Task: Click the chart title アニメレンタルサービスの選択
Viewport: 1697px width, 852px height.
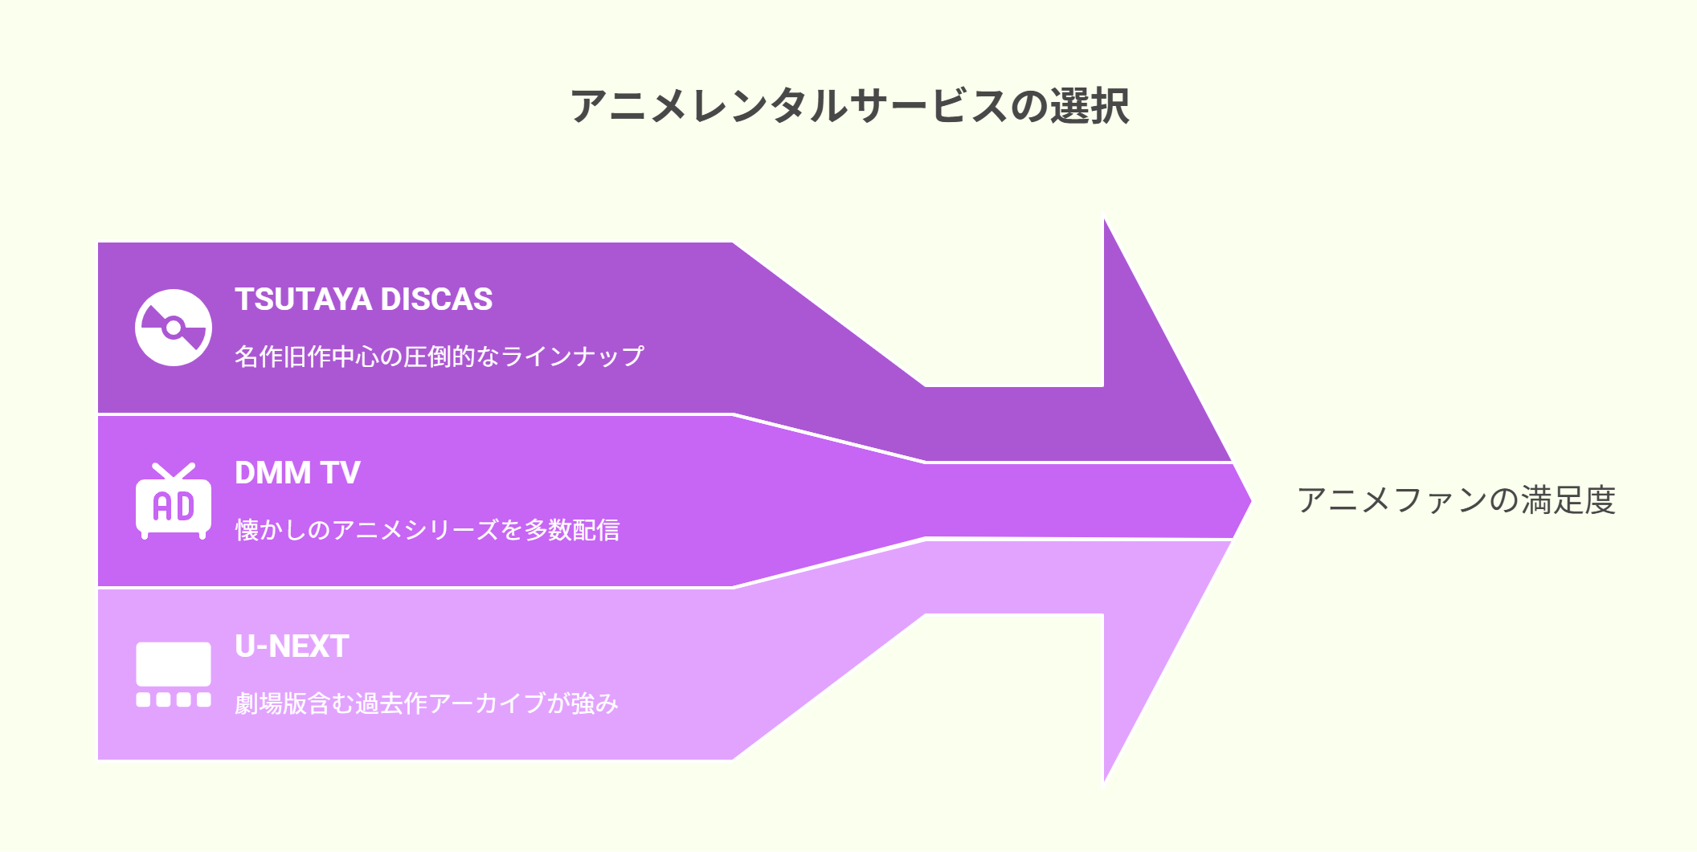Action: coord(849,106)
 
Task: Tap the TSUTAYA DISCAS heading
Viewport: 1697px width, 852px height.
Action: coord(363,300)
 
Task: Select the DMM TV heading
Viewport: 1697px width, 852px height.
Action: coord(297,473)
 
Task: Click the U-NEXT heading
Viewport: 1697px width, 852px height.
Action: coord(292,646)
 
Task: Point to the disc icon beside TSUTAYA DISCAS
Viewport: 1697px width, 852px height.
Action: coord(174,328)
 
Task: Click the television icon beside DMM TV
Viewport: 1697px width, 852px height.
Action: coord(174,501)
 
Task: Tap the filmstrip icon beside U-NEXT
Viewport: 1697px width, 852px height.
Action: coord(174,675)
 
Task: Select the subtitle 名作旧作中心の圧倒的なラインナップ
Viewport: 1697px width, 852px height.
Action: coord(440,357)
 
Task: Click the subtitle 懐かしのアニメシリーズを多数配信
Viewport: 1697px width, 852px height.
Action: coord(427,530)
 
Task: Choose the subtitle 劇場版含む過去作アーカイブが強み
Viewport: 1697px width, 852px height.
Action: coord(427,703)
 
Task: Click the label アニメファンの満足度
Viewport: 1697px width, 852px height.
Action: coord(1456,500)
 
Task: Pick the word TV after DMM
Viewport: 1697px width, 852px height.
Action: coord(341,473)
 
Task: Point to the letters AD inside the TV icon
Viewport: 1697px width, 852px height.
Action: coord(174,507)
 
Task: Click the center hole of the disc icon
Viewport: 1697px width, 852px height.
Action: coord(174,328)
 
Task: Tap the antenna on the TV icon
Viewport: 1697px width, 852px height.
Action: coord(174,471)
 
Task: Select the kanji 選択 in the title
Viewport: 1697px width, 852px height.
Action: coord(1090,106)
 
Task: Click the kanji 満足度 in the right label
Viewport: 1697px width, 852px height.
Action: coord(1568,500)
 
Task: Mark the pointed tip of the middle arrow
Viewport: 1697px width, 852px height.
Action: coord(1250,501)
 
